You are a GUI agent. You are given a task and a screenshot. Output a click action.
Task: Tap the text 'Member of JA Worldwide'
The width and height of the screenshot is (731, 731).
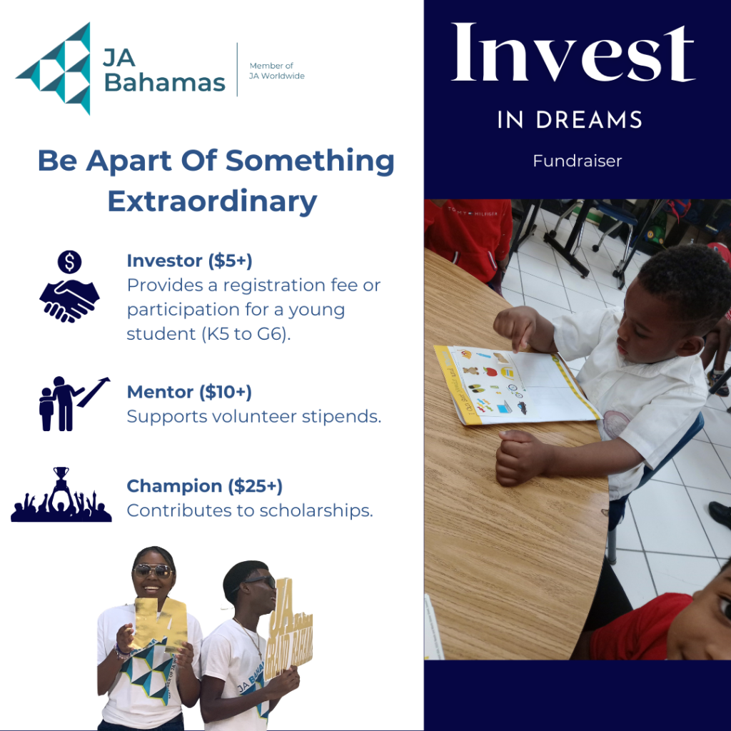point(277,71)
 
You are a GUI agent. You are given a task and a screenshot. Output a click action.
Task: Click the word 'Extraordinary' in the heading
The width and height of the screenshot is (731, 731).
point(213,201)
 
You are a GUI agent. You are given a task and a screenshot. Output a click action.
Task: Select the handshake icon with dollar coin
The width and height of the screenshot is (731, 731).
point(69,286)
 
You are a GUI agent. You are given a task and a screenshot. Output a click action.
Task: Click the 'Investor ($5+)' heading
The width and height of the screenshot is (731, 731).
point(189,261)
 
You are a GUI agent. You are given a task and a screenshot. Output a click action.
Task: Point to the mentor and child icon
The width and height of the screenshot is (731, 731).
point(74,404)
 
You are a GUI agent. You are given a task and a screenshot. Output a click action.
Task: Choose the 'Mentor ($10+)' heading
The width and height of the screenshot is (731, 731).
point(189,392)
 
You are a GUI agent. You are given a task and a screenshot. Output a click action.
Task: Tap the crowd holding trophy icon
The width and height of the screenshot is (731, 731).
point(61,494)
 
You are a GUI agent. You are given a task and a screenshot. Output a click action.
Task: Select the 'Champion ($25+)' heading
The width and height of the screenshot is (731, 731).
point(205,486)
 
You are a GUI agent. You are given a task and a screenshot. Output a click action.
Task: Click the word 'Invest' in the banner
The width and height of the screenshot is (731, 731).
point(573,53)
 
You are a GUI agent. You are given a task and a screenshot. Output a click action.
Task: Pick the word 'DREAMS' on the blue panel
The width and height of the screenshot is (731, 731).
point(589,120)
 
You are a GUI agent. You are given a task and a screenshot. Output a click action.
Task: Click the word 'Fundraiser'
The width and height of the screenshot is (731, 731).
point(577,161)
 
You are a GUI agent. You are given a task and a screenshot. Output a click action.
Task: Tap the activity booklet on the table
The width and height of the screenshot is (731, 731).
point(516,385)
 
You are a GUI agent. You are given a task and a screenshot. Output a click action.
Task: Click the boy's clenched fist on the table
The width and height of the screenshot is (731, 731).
point(521,457)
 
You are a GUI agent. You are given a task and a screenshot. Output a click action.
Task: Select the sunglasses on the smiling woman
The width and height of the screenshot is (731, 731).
point(153,570)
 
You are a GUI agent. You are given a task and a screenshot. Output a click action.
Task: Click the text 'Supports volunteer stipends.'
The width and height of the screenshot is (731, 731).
point(254,416)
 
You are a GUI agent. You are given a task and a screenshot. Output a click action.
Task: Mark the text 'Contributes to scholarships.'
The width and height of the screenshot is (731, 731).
point(250,510)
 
